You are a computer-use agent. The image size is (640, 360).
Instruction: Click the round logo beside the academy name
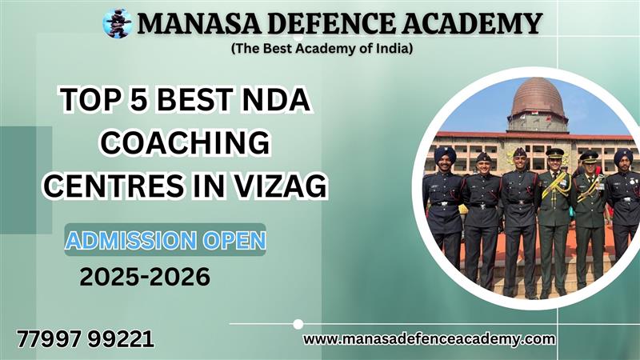(x=117, y=23)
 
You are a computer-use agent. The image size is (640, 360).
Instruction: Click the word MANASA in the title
(x=198, y=24)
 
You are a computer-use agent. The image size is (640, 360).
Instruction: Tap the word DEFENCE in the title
(x=331, y=24)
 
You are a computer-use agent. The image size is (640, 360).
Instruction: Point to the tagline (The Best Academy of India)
(x=322, y=49)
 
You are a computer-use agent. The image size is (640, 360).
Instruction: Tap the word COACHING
(x=185, y=142)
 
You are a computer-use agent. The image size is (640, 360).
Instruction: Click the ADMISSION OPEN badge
(x=166, y=239)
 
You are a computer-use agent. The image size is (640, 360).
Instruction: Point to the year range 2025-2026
(x=145, y=277)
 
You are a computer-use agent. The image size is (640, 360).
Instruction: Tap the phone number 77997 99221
(x=86, y=339)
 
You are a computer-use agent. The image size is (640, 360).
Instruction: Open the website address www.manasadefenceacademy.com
(x=429, y=338)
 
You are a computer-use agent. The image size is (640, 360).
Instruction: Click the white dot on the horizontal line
(x=298, y=324)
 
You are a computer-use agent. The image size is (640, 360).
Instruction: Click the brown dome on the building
(x=538, y=96)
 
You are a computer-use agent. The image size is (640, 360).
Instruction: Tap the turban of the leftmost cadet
(x=445, y=154)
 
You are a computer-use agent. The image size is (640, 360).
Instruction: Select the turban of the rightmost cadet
(x=623, y=155)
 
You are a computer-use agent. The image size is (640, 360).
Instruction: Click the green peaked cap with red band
(x=554, y=153)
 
